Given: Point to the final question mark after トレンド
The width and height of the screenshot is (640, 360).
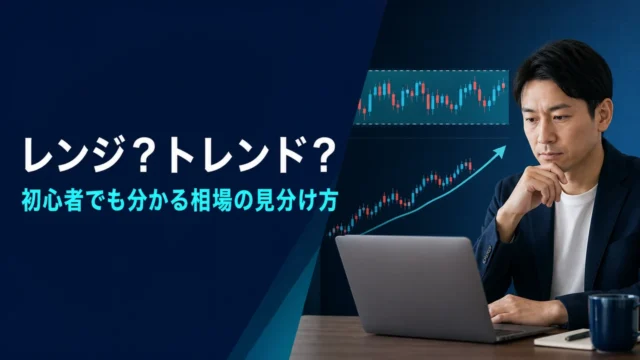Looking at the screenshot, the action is pos(322,156).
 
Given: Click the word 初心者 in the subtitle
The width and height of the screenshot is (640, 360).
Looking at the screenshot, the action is pos(53,201).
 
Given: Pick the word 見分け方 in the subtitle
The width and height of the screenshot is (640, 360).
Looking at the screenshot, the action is pos(295,201).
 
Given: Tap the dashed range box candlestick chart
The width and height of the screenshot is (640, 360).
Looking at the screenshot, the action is pos(431,97).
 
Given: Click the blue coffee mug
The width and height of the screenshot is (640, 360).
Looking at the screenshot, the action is pos(613,322).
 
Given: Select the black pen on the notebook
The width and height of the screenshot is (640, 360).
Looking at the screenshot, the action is pos(577,336).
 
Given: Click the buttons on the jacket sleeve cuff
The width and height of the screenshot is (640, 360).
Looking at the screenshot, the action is pos(487,254).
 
